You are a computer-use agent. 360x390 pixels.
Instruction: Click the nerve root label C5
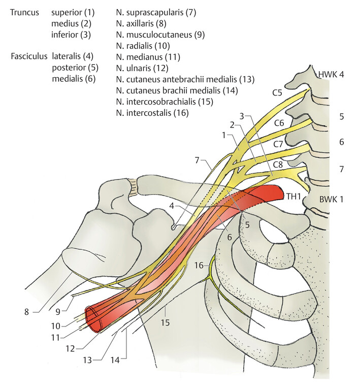pyautogui.click(x=277, y=93)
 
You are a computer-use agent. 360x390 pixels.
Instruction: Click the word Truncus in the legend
pyautogui.click(x=25, y=12)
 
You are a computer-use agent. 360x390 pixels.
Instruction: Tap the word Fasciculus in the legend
pyautogui.click(x=29, y=56)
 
